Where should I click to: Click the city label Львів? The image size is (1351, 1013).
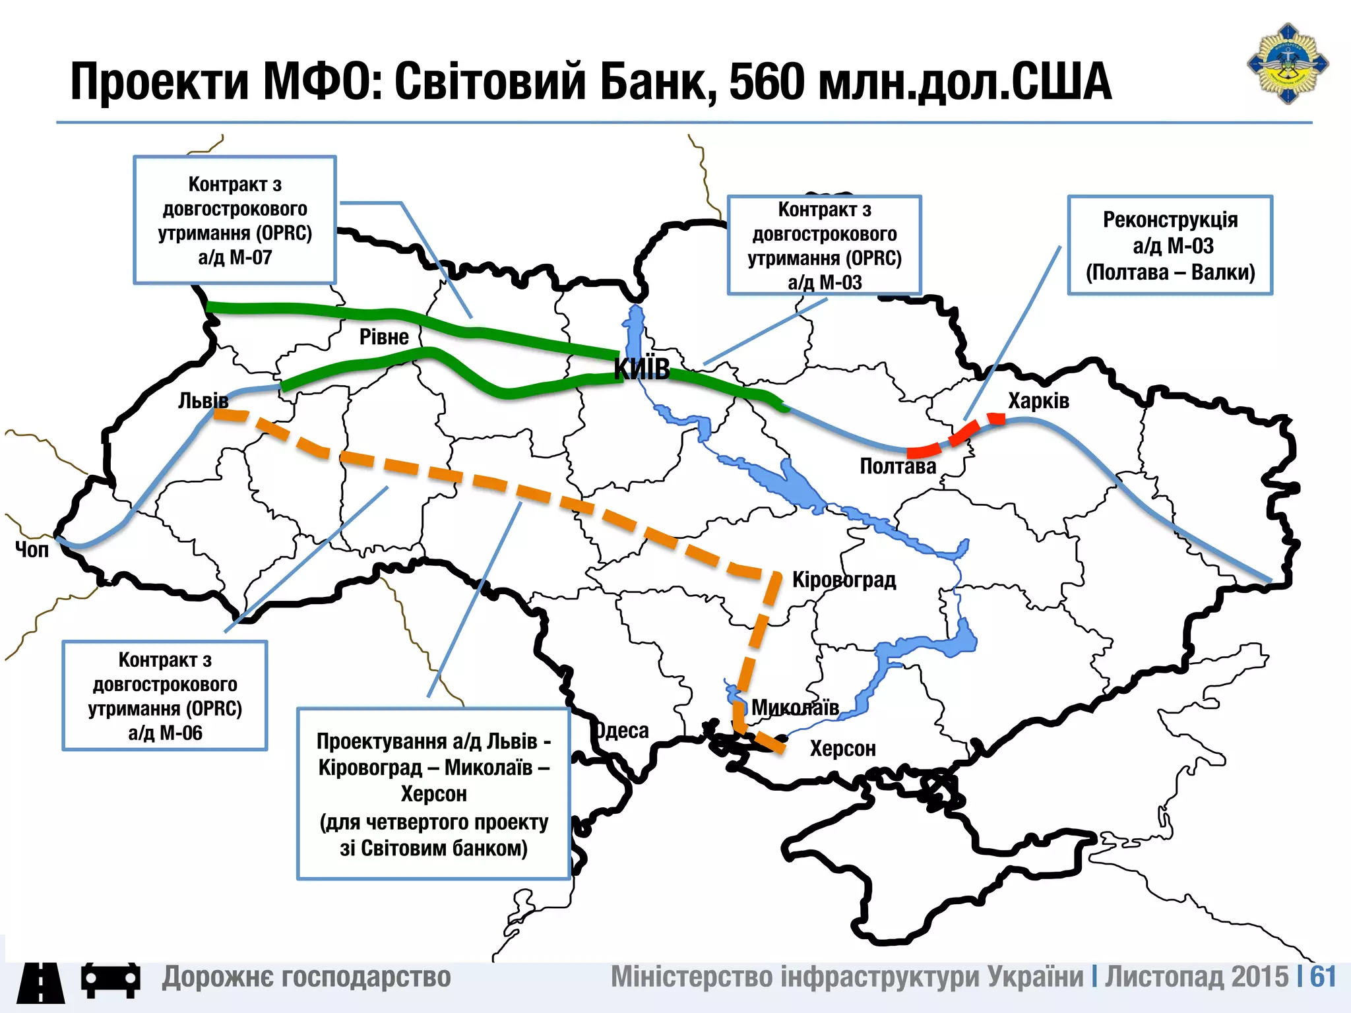point(203,400)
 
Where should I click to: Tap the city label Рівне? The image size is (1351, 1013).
point(384,337)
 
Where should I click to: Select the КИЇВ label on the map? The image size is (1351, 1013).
point(641,369)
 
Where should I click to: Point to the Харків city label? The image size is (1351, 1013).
point(1038,401)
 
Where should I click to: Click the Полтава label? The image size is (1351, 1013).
point(898,466)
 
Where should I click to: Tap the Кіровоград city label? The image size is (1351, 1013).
point(844,580)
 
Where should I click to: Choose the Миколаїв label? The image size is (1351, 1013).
point(795,708)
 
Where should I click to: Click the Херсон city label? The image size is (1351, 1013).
point(842,749)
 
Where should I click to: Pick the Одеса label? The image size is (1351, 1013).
point(621,731)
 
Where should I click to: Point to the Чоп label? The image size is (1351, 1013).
point(32,549)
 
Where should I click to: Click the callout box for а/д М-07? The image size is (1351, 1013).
point(235,220)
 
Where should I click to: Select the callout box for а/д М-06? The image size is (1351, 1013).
point(165,696)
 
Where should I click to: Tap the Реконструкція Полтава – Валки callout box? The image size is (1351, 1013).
point(1170,245)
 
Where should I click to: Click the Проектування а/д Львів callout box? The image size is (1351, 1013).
point(433,794)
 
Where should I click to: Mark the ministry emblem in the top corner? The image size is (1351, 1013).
point(1287,63)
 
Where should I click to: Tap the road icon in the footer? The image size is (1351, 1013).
point(41,982)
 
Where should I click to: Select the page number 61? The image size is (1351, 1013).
point(1323,977)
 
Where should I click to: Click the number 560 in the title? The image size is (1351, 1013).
point(767,82)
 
